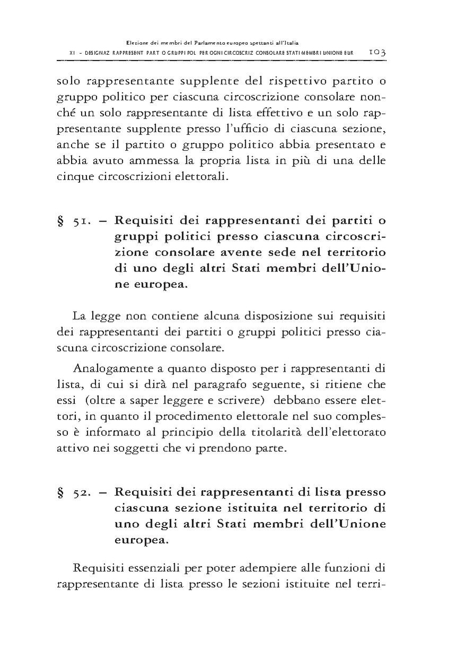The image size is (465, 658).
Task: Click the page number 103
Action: pyautogui.click(x=376, y=52)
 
